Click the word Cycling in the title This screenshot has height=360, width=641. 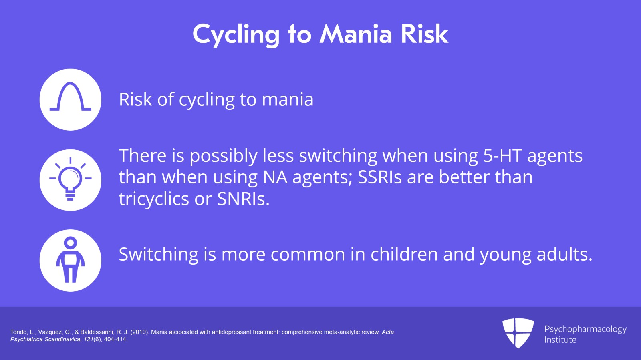[x=236, y=35]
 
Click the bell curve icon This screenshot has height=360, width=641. [x=71, y=97]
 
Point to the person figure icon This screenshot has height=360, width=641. [x=71, y=259]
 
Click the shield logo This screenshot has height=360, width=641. [x=518, y=333]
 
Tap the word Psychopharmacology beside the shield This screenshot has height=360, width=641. [x=585, y=330]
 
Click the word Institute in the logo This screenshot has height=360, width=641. [x=560, y=340]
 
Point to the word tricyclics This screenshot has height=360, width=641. [x=154, y=199]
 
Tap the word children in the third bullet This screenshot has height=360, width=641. [x=404, y=254]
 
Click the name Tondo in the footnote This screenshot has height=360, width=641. [x=19, y=332]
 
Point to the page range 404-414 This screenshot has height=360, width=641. [x=116, y=340]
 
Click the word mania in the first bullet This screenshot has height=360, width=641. [x=288, y=100]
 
